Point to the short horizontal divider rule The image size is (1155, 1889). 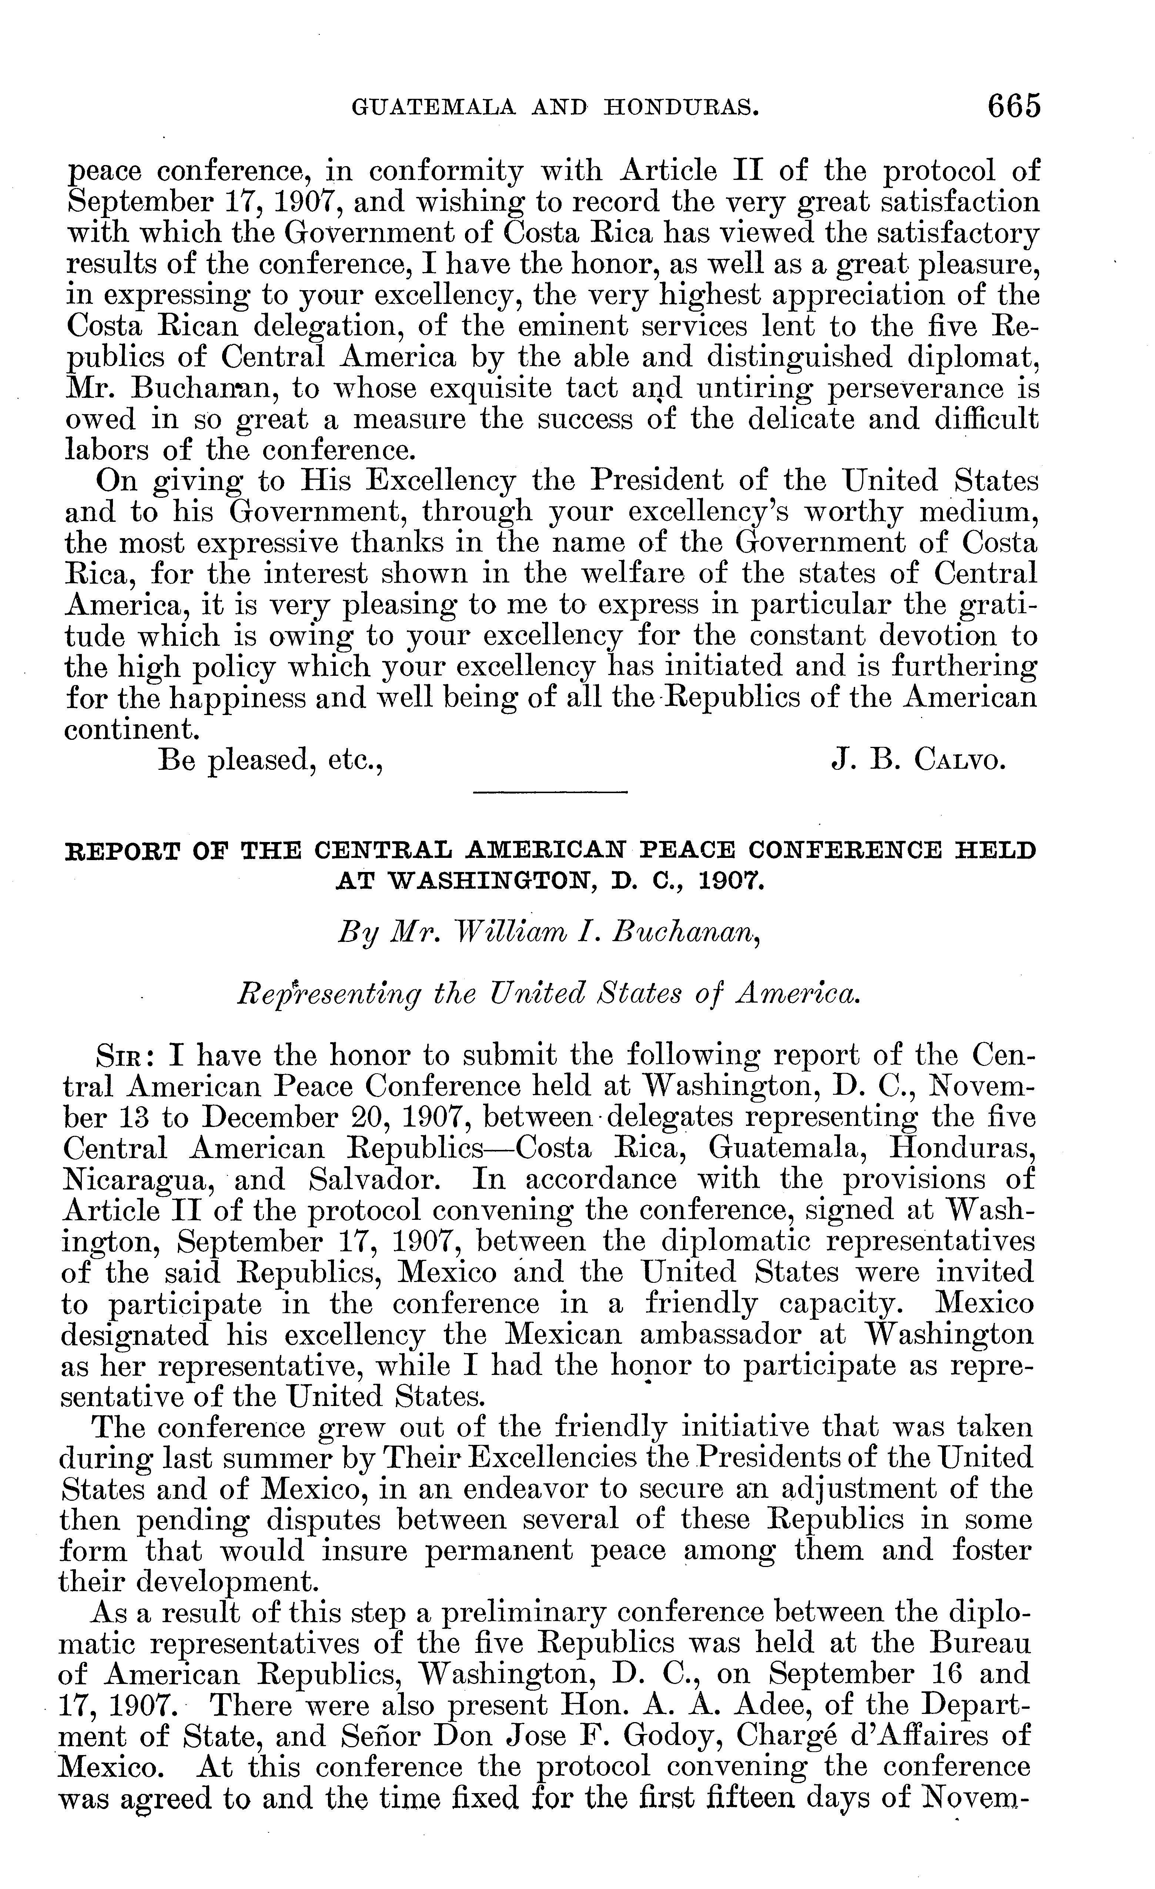(x=550, y=792)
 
